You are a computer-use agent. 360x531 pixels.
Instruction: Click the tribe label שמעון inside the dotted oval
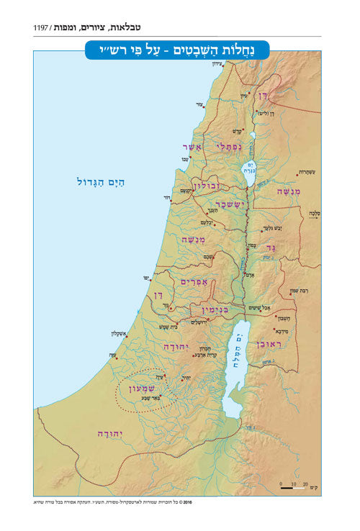coord(140,389)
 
